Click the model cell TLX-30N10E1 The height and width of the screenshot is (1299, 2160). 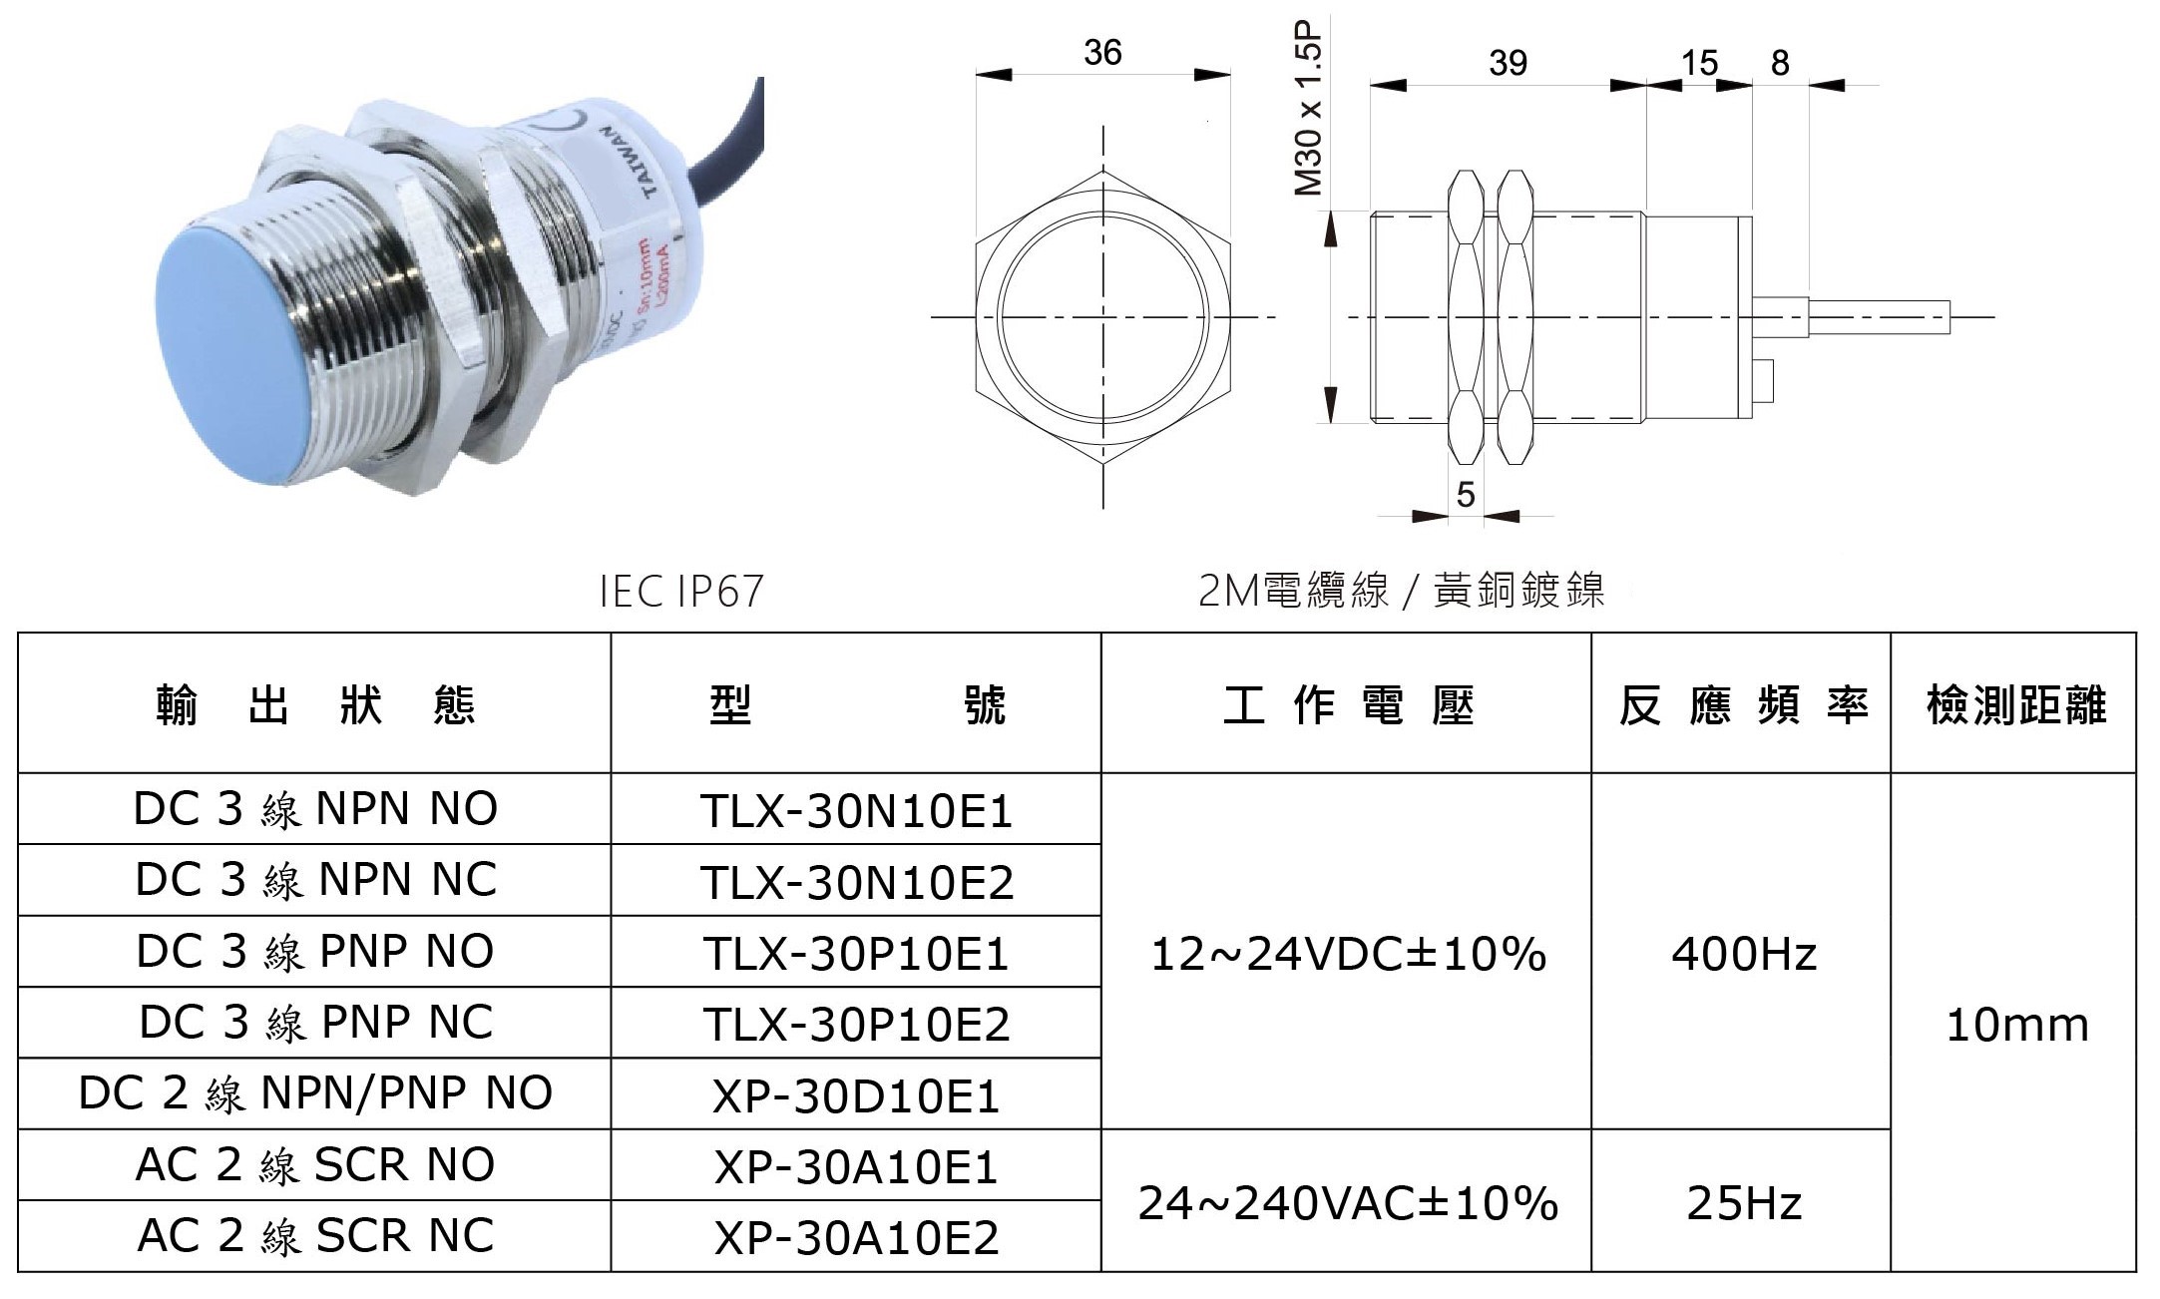pyautogui.click(x=856, y=810)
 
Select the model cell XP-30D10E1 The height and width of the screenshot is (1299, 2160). pyautogui.click(x=856, y=1095)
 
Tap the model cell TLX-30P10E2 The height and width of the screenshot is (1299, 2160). pyautogui.click(x=856, y=1024)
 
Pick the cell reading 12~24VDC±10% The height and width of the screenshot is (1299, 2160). pyautogui.click(x=1347, y=954)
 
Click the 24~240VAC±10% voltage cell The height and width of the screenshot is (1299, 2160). pyautogui.click(x=1347, y=1203)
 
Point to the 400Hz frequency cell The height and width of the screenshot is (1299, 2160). pyautogui.click(x=1743, y=954)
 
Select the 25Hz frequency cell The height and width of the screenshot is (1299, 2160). pyautogui.click(x=1743, y=1203)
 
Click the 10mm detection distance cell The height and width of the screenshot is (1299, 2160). pyautogui.click(x=2016, y=1025)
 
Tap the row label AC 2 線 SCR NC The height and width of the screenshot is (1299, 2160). pyautogui.click(x=315, y=1236)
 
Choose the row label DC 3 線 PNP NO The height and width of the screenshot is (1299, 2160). pyautogui.click(x=315, y=951)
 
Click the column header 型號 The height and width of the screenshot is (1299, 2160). pyautogui.click(x=856, y=704)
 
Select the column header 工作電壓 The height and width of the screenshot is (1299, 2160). pyautogui.click(x=1347, y=704)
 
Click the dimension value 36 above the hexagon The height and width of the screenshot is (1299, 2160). pyautogui.click(x=1102, y=52)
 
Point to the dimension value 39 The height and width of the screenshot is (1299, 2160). pyautogui.click(x=1508, y=63)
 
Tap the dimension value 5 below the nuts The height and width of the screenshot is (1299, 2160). pyautogui.click(x=1465, y=495)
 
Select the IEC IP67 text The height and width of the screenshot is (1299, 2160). pyautogui.click(x=682, y=591)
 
